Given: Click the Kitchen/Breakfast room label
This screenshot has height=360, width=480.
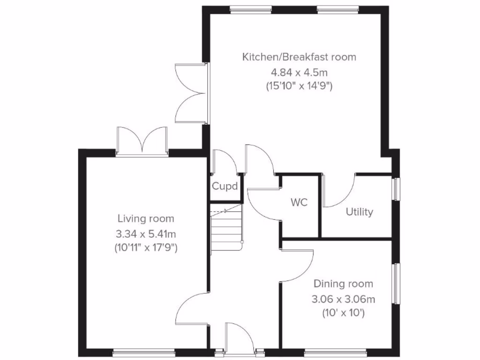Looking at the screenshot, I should [299, 57].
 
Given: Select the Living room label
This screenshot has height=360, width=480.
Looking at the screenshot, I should [146, 218].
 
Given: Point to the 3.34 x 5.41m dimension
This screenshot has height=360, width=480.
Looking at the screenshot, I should [146, 233].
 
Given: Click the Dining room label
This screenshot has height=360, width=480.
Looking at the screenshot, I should [344, 284].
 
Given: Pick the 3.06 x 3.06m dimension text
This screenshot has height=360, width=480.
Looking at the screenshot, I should [344, 299].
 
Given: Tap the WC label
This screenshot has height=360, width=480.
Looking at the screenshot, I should [299, 203].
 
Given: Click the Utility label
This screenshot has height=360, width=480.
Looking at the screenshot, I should [360, 212].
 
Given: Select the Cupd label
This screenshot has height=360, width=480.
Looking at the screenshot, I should [225, 186].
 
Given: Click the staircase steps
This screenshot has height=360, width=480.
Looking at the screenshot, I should [226, 230].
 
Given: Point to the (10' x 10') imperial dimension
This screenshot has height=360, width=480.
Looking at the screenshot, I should [344, 313].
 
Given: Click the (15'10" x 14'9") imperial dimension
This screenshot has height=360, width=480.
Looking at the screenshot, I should [299, 86].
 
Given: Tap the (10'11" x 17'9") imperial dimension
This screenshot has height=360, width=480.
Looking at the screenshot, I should [146, 248].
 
